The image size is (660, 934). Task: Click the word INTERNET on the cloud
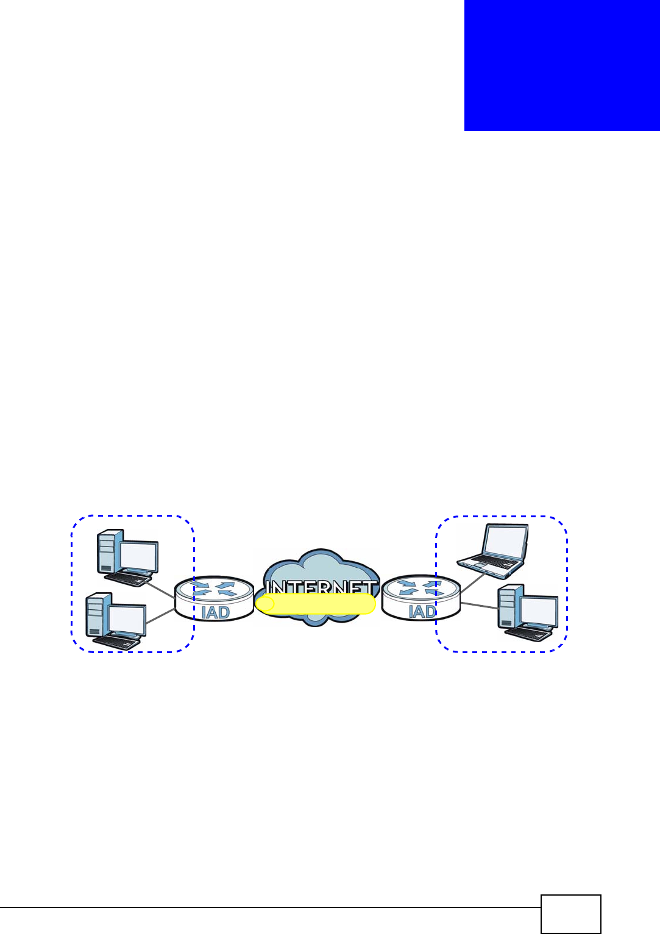[321, 588]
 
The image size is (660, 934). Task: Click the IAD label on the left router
[215, 612]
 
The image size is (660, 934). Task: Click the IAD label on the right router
[422, 611]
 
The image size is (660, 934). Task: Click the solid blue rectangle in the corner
[562, 65]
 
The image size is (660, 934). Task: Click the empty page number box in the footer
[570, 913]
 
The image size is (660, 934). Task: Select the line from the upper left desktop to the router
[161, 589]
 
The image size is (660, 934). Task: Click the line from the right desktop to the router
[479, 606]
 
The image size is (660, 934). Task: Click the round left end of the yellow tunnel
[264, 604]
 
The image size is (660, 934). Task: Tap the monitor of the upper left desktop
[138, 555]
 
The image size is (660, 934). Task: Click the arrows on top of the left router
[213, 588]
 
